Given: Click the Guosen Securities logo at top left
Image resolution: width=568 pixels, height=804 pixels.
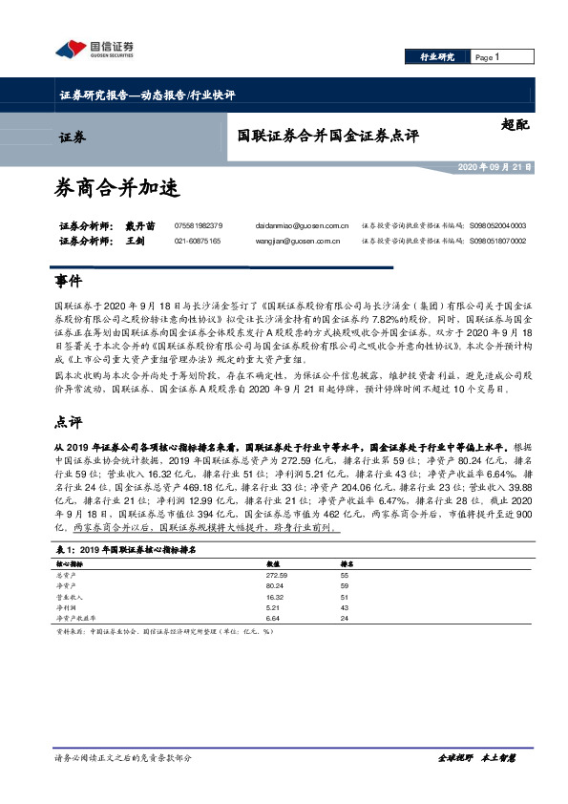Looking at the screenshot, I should (95, 49).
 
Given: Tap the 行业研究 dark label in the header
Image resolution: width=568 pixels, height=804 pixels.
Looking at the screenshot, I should (438, 57).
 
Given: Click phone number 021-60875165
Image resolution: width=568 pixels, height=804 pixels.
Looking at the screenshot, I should (198, 241).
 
